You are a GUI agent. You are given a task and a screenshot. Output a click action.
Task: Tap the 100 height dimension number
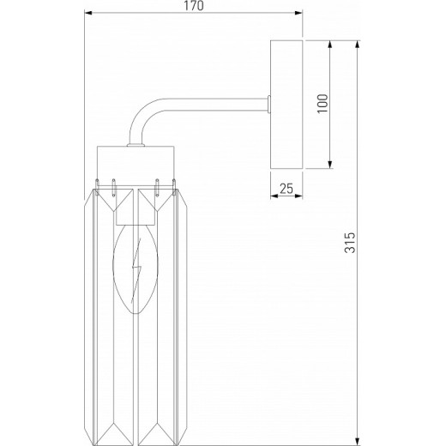tap(322, 104)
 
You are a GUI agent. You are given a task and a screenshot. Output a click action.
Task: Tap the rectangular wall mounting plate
tap(286, 104)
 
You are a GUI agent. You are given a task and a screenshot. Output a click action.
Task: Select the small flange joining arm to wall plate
tap(269, 104)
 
